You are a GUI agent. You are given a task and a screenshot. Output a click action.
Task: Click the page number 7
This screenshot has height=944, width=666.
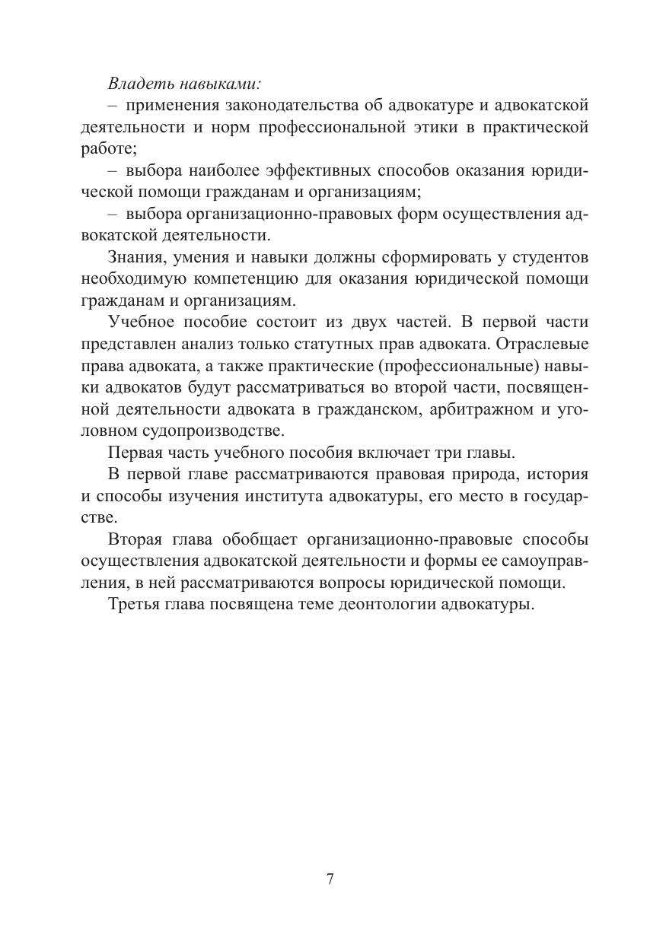[330, 879]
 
